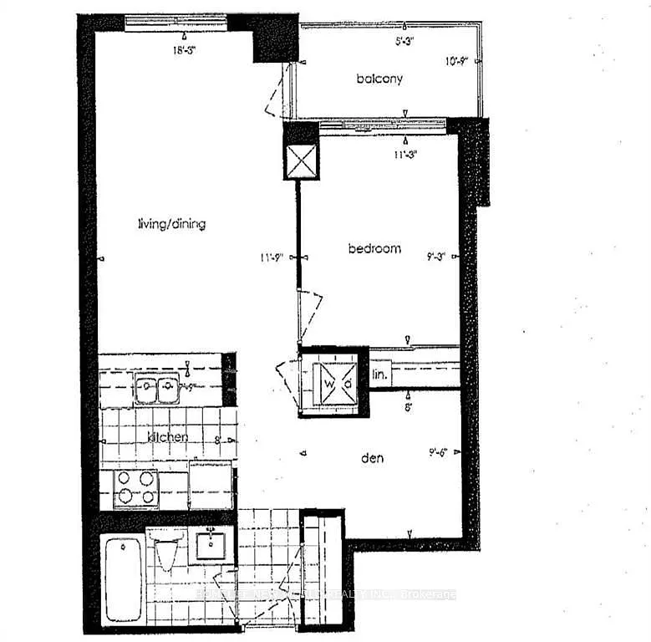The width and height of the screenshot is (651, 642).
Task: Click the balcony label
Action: point(379,79)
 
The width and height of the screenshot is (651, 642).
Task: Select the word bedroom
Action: point(374,248)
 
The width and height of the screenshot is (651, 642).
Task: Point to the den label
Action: point(372,457)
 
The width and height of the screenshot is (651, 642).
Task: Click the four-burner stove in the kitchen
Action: point(135,487)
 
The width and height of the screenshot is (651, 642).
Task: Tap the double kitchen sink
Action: point(159,388)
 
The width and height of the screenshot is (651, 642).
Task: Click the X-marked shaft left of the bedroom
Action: point(301,161)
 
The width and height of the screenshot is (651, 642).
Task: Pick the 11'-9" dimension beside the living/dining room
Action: point(273,257)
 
